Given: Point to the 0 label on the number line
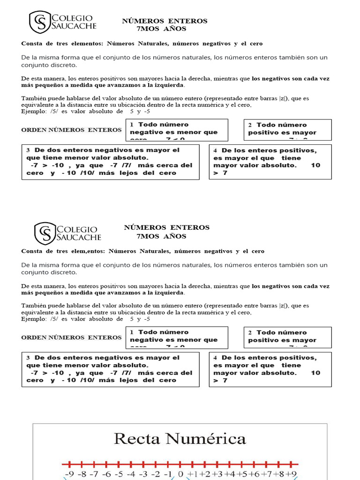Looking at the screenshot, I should (x=180, y=474).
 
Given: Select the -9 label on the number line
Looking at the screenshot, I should (x=69, y=474).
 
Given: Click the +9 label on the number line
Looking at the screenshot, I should (x=292, y=474).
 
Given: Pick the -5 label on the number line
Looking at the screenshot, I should (x=119, y=474).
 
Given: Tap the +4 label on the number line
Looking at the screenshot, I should (x=229, y=474).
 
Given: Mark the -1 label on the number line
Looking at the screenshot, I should (x=168, y=474).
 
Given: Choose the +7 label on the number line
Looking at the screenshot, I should (x=267, y=474).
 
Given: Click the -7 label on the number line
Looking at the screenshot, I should (x=94, y=474).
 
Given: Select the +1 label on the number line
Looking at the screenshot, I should (x=193, y=474).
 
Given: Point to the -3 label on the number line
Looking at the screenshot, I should (x=143, y=474).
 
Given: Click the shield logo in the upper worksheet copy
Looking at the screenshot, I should (x=39, y=22).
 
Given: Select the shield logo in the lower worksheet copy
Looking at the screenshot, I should (x=45, y=233).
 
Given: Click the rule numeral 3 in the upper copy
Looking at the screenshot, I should (x=28, y=150).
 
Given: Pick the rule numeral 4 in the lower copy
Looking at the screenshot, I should (x=215, y=358).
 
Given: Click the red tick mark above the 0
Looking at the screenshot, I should (x=180, y=464).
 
